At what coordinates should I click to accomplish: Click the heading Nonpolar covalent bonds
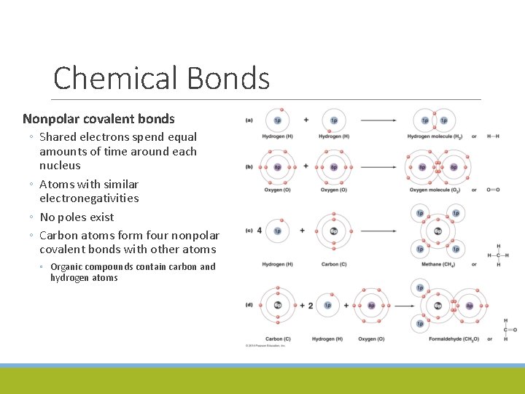tap(98, 118)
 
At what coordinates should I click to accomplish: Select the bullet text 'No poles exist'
tap(77, 217)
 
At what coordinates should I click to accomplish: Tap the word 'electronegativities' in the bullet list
tap(89, 198)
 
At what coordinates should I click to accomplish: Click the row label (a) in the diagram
tap(249, 120)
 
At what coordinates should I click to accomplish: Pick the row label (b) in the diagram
tap(249, 166)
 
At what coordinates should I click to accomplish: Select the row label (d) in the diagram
tap(249, 304)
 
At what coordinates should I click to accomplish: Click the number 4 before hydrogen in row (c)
tap(260, 231)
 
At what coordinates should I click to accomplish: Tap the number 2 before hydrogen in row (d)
tap(311, 305)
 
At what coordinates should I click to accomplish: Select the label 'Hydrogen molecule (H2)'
tap(435, 136)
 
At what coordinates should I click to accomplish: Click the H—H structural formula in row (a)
tap(493, 136)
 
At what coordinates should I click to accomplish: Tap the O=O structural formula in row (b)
tap(493, 190)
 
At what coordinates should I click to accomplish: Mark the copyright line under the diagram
tap(266, 345)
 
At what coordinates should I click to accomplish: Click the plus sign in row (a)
tap(306, 120)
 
